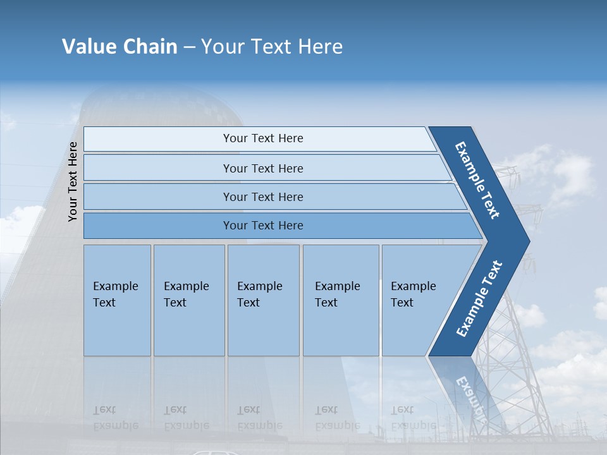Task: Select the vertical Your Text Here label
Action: click(x=73, y=182)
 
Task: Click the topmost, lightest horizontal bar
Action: click(x=262, y=139)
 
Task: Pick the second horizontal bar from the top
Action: click(x=262, y=168)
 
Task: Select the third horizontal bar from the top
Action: click(x=262, y=197)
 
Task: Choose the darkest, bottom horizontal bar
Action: click(x=262, y=226)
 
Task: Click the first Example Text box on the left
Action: click(x=117, y=300)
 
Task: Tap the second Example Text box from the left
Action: click(x=189, y=300)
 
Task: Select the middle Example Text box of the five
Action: click(x=263, y=300)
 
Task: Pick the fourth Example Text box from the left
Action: click(x=341, y=300)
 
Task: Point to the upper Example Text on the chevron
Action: click(x=477, y=180)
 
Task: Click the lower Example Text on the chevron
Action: click(x=479, y=299)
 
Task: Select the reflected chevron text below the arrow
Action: click(x=471, y=395)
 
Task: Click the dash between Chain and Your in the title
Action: click(x=189, y=47)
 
